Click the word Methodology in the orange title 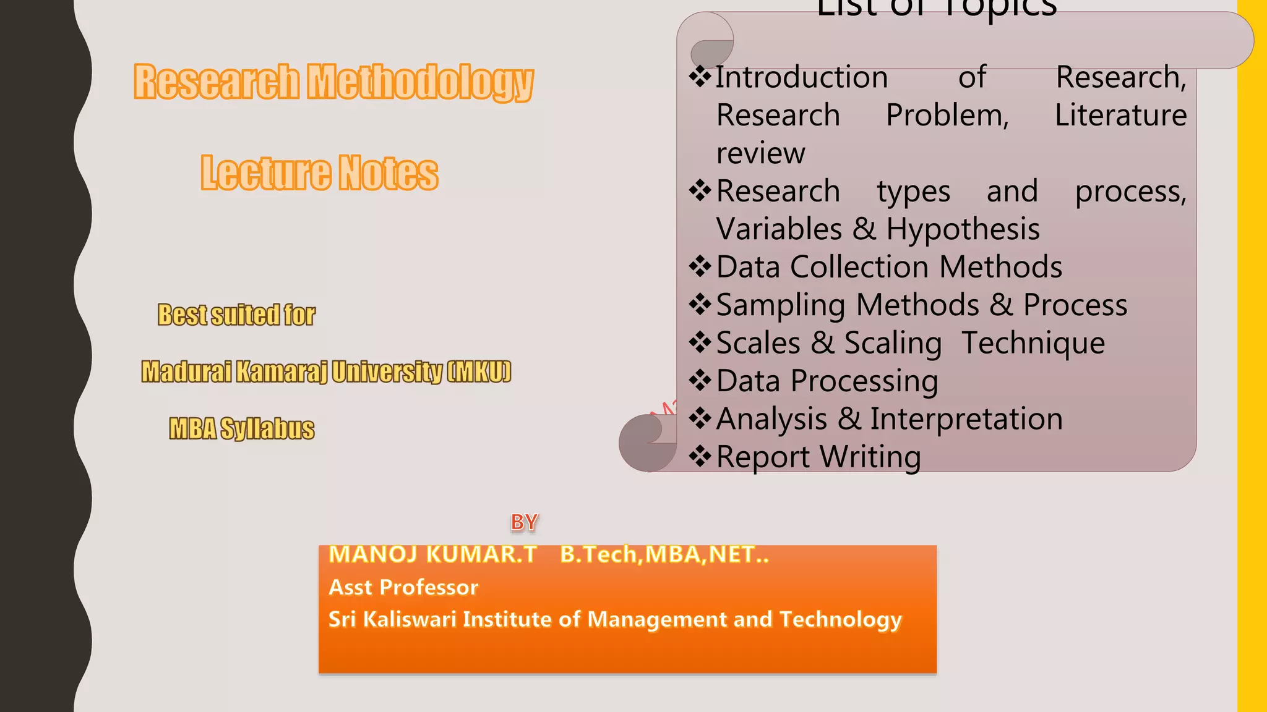pyautogui.click(x=420, y=82)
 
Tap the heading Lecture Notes pyautogui.click(x=319, y=172)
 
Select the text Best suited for pyautogui.click(x=236, y=315)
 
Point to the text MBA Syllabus pyautogui.click(x=242, y=428)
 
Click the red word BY pyautogui.click(x=524, y=522)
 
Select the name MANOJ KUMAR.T pyautogui.click(x=432, y=554)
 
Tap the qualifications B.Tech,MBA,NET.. pyautogui.click(x=664, y=554)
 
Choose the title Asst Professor pyautogui.click(x=403, y=587)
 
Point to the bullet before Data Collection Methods pyautogui.click(x=700, y=267)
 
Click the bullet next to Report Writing pyautogui.click(x=700, y=457)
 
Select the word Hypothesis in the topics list pyautogui.click(x=963, y=229)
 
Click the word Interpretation pyautogui.click(x=966, y=419)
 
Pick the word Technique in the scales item pyautogui.click(x=1033, y=343)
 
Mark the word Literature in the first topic pyautogui.click(x=1120, y=116)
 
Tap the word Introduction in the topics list pyautogui.click(x=802, y=77)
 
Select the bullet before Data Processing pyautogui.click(x=700, y=381)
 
